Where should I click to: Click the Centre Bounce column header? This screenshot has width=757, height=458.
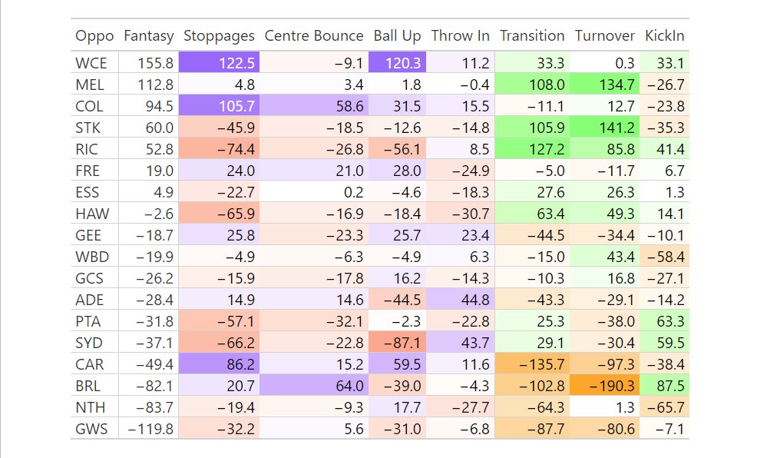point(313,36)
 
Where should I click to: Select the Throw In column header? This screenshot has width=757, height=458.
point(460,36)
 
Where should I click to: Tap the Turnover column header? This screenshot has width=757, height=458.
point(604,36)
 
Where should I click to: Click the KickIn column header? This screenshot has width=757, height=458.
point(664,36)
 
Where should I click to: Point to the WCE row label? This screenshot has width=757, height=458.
point(91,63)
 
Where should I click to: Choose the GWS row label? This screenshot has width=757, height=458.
point(91,430)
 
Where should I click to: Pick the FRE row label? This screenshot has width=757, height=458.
point(91,171)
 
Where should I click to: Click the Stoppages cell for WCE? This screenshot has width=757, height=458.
point(219,63)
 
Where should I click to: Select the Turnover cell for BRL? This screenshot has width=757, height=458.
point(605,387)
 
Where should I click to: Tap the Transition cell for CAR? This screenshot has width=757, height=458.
point(533,365)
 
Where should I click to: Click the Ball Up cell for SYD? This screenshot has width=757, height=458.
point(398,343)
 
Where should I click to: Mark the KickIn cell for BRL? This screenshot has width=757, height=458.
point(664,387)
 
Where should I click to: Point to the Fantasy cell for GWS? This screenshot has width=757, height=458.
point(148,430)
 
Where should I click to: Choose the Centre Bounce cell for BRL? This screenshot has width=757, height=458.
point(313,387)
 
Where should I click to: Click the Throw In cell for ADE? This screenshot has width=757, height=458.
point(460,300)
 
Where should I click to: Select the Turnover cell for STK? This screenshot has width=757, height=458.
point(605,128)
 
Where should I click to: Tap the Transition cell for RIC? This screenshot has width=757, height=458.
point(533,149)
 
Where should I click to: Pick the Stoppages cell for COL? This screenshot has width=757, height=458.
point(219,106)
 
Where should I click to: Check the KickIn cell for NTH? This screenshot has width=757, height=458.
point(664,408)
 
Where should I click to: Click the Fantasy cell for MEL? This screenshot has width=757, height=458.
point(148,85)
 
